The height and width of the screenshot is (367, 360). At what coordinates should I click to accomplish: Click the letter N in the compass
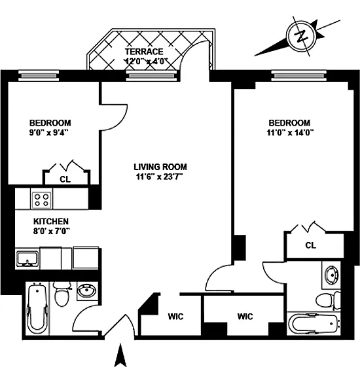[301, 36]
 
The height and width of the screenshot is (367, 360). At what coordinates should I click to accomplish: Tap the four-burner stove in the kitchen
[42, 199]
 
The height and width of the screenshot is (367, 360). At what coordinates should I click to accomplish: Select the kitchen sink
[27, 258]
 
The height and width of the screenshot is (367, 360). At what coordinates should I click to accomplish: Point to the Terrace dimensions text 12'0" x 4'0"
[147, 61]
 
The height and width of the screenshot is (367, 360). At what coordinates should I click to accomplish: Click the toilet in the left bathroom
[62, 294]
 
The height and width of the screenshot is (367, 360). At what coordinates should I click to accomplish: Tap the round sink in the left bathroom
[87, 291]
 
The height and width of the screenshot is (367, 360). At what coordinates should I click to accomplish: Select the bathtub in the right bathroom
[314, 324]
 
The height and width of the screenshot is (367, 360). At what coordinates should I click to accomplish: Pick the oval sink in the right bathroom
[331, 275]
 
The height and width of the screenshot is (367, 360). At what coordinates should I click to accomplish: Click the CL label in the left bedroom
[65, 179]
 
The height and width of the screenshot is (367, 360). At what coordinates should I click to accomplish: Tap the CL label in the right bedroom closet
[310, 245]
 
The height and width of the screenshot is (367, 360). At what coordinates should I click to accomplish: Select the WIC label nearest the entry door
[175, 317]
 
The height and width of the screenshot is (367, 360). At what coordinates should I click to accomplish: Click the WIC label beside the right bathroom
[245, 317]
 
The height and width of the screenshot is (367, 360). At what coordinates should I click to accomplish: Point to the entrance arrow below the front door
[120, 355]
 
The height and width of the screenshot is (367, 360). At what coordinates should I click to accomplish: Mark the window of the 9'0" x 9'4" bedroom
[39, 76]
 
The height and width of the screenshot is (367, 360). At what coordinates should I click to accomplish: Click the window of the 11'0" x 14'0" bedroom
[299, 76]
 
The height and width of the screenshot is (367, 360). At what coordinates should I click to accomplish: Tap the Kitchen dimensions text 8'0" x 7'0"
[52, 232]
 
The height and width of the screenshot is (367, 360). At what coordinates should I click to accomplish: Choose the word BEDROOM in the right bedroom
[289, 123]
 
